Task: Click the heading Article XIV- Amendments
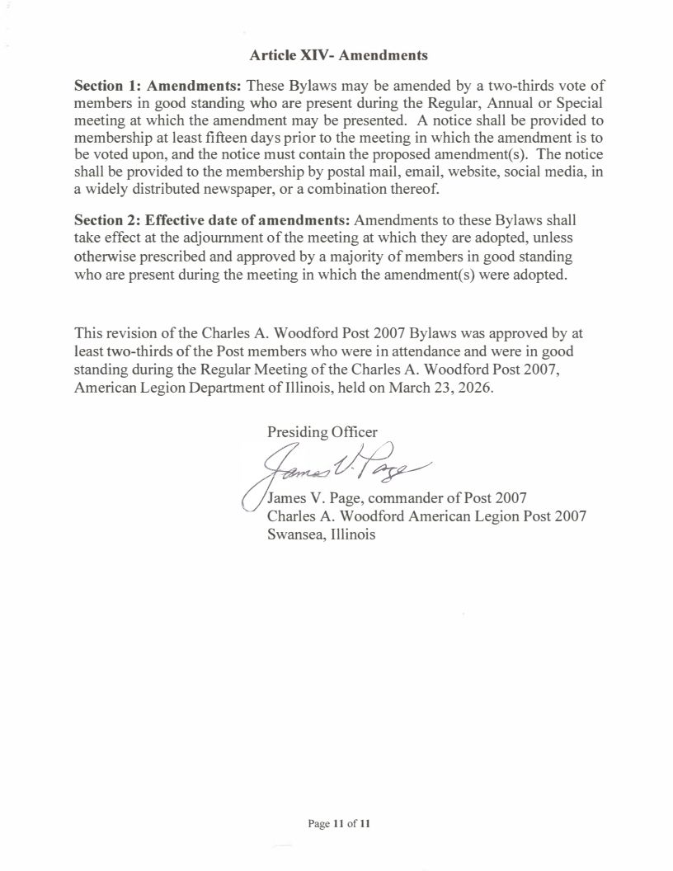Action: click(x=338, y=56)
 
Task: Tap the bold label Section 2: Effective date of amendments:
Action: click(x=212, y=221)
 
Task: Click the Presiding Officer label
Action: click(x=322, y=431)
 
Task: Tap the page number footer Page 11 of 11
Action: click(x=339, y=823)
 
